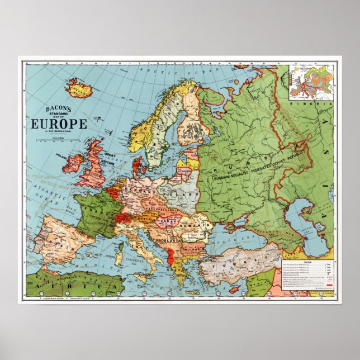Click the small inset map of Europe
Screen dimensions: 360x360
[x=311, y=82]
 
